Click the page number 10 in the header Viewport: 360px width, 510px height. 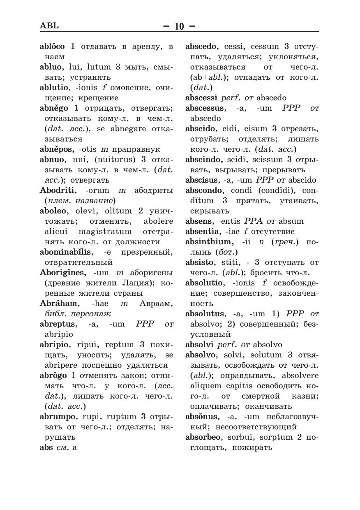point(179,26)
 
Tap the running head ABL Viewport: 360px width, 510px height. point(49,25)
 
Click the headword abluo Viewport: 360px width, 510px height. point(50,67)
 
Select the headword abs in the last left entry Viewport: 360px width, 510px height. point(46,447)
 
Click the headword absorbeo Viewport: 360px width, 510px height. point(203,437)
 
